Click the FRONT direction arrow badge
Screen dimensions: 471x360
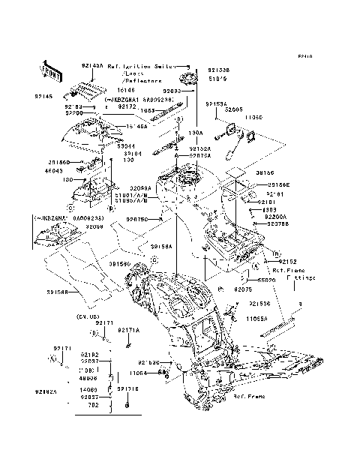pos(50,71)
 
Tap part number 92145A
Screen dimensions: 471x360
pos(92,66)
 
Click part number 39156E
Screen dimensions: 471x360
pos(279,184)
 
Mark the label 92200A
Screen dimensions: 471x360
pos(275,216)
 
